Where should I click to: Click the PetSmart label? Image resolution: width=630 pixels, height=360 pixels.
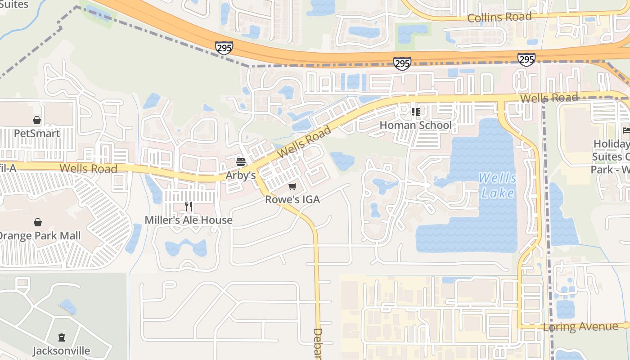(37, 134)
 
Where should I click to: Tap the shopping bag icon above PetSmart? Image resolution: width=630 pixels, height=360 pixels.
(37, 120)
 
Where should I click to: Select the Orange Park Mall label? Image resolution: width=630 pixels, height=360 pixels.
(40, 236)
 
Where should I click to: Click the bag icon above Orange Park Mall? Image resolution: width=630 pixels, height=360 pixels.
(38, 222)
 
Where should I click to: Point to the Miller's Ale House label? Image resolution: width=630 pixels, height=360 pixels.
(189, 220)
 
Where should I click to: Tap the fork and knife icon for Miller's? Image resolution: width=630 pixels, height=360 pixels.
(189, 207)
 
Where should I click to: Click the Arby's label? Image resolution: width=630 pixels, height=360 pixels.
(241, 175)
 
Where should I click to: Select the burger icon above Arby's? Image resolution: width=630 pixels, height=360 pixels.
(241, 162)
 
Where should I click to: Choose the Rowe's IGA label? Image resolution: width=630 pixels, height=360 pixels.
(292, 199)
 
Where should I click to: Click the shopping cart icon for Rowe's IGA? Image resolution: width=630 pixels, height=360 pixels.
(292, 186)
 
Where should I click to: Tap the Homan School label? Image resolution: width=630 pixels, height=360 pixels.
(415, 125)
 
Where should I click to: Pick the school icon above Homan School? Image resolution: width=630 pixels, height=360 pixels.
(415, 112)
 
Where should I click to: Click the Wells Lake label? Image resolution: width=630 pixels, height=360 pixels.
(497, 185)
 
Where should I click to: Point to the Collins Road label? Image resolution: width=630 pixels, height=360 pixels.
(499, 18)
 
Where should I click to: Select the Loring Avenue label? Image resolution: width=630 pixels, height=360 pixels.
(580, 327)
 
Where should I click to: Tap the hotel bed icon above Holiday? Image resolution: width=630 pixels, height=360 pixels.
(626, 130)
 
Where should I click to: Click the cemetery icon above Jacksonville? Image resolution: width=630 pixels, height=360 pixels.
(62, 337)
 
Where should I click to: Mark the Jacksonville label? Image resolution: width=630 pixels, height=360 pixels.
(62, 351)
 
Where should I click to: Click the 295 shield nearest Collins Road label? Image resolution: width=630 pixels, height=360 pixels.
(526, 59)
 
